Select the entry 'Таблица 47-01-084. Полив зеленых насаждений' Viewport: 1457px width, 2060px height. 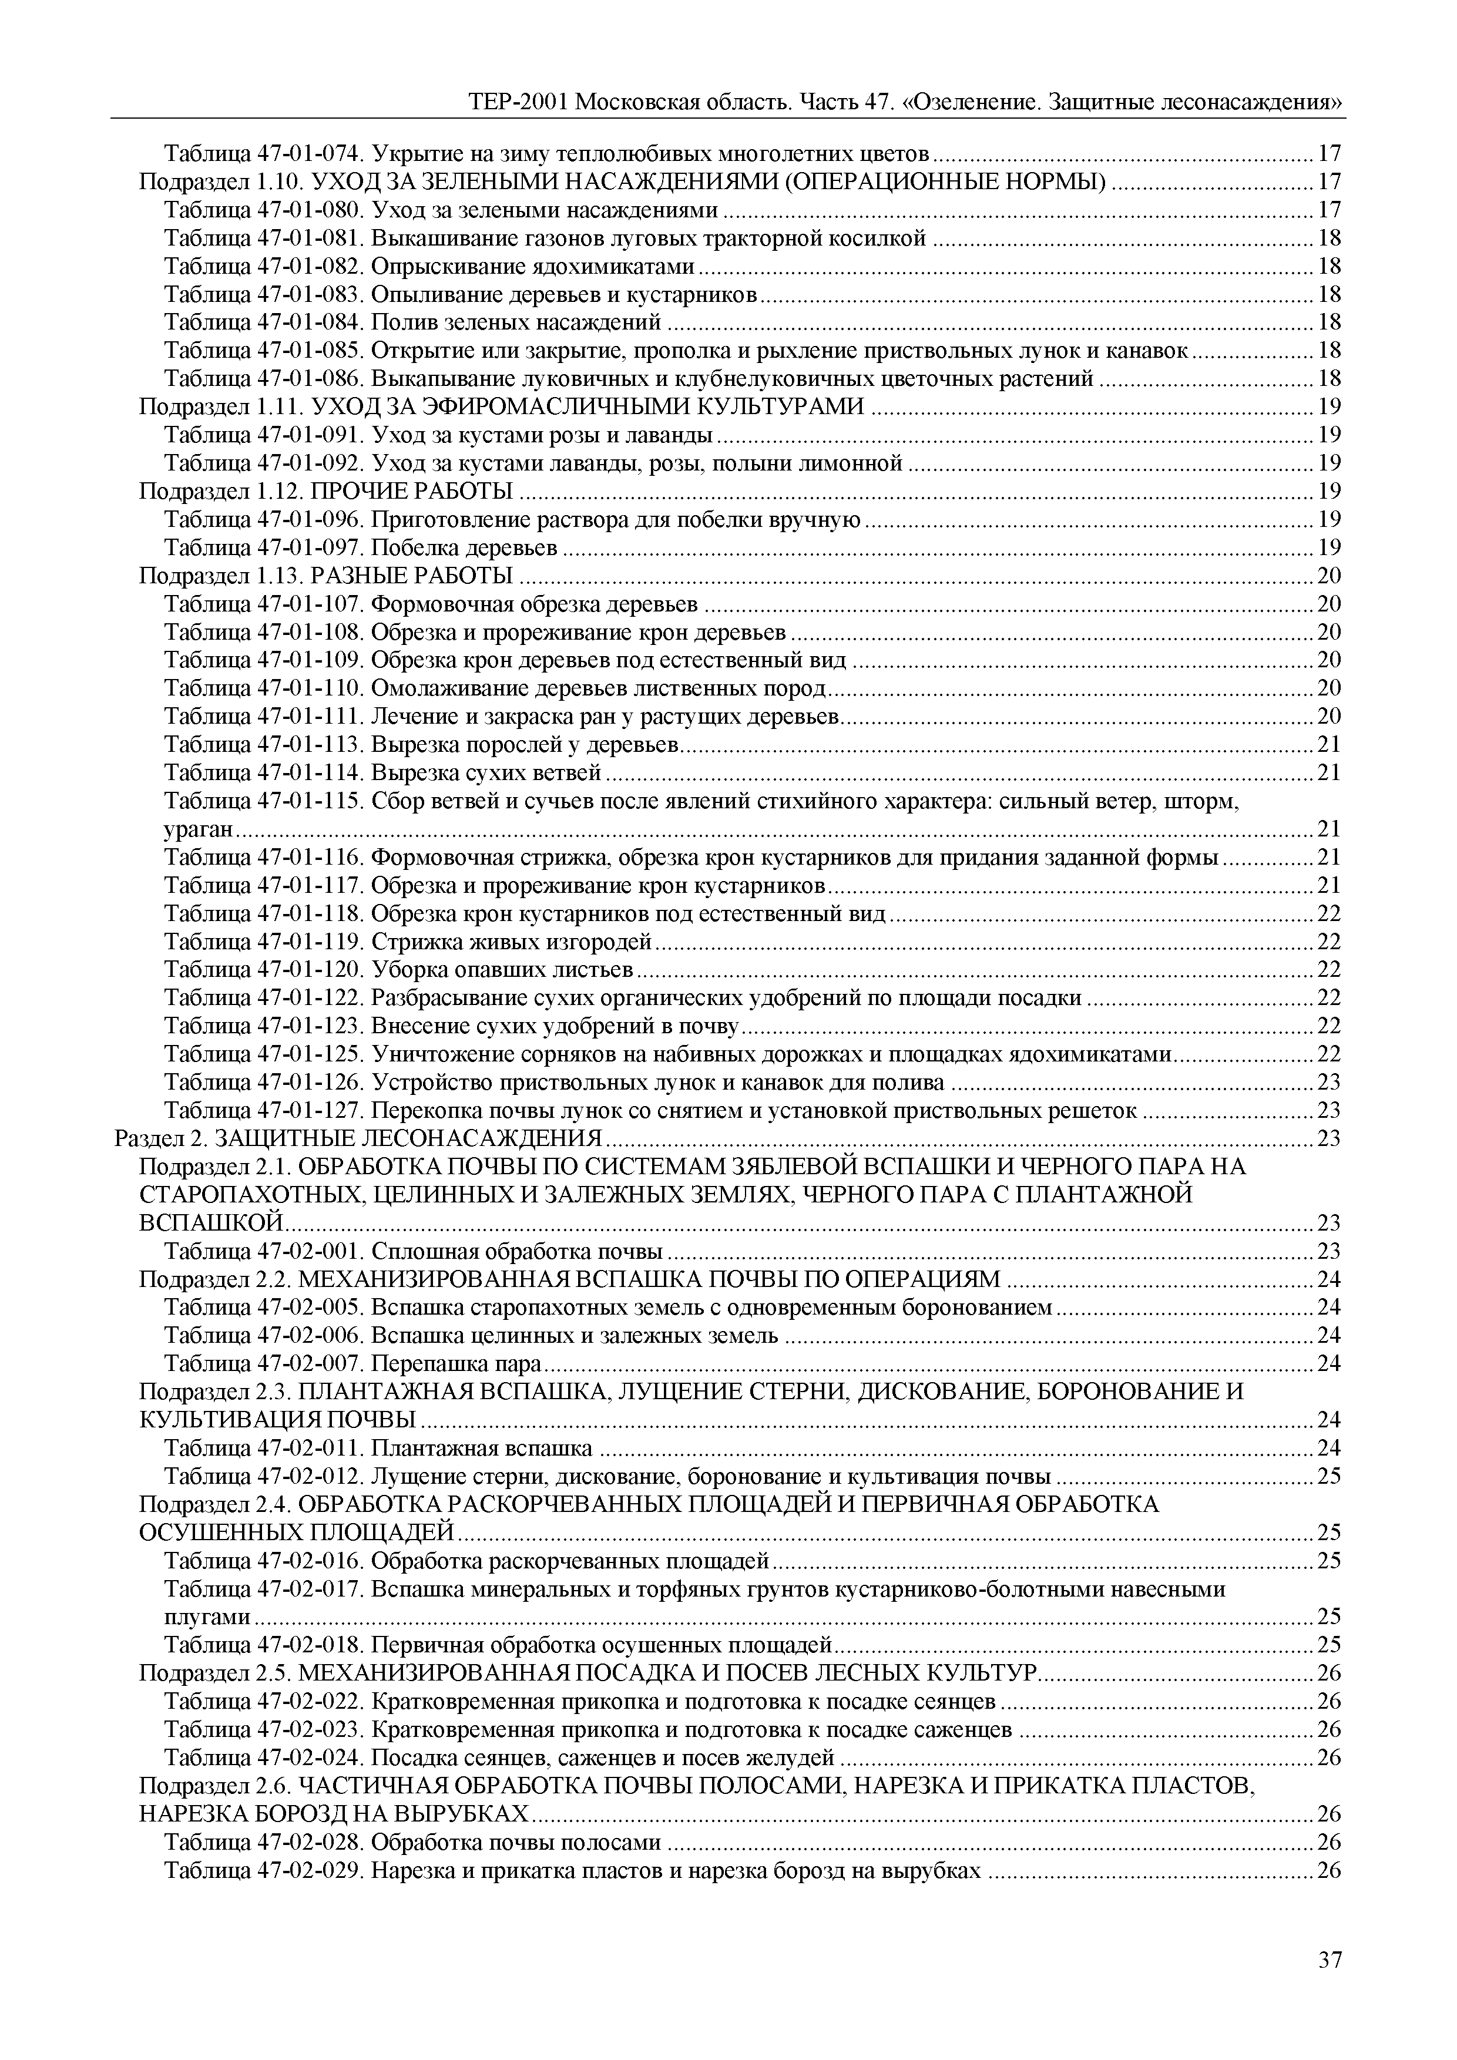(412, 322)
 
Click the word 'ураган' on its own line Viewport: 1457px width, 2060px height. (199, 829)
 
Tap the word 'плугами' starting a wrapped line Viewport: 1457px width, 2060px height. (207, 1617)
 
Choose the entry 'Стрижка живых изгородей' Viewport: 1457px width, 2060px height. (511, 942)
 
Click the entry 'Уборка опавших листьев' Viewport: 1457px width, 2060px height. (502, 970)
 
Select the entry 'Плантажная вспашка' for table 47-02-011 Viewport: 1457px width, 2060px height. (482, 1448)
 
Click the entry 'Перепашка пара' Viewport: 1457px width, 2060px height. (456, 1364)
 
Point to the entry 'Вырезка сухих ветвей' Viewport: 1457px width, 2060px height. (486, 772)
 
